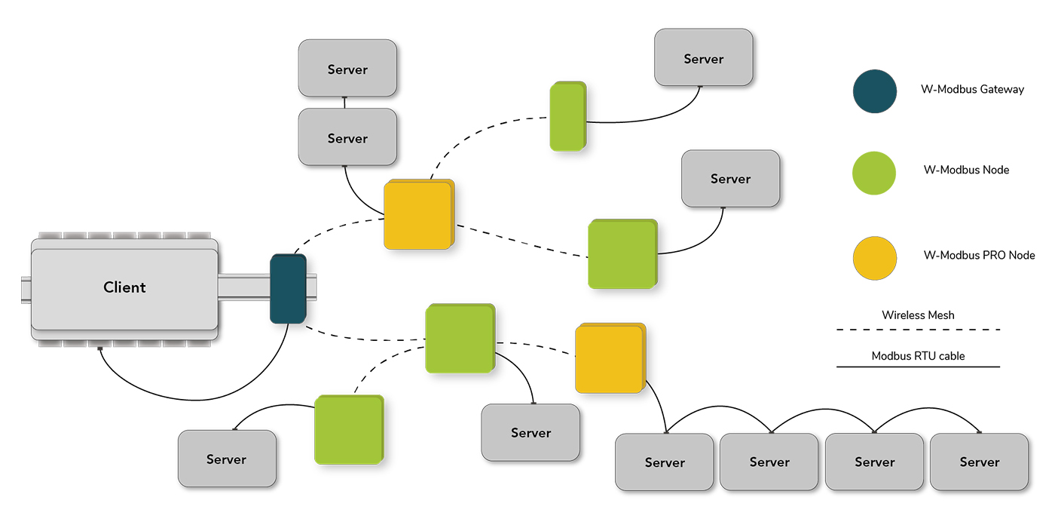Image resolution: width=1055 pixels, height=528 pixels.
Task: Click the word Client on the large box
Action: tap(124, 287)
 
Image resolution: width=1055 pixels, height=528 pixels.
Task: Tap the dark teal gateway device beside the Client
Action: tap(288, 290)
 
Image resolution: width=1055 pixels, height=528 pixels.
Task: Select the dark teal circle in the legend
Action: tap(874, 91)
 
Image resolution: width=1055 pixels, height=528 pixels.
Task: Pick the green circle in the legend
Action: tap(874, 173)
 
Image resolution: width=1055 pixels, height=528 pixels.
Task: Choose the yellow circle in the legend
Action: tap(874, 257)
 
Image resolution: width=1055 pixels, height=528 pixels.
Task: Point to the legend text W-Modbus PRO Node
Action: tap(979, 255)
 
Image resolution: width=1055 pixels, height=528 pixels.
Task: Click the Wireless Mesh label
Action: tap(918, 315)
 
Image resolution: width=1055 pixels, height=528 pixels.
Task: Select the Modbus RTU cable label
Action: tap(918, 355)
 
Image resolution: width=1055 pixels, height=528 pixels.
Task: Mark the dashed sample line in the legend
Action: tap(918, 330)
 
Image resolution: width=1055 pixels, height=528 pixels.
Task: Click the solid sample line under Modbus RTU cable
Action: tap(918, 367)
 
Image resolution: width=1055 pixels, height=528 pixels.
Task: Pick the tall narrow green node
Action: tap(567, 116)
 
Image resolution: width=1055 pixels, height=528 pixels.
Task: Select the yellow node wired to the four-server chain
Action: tap(610, 358)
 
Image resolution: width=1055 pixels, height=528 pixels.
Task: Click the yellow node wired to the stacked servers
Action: tap(418, 214)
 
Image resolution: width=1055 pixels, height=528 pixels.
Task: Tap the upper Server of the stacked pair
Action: tap(347, 69)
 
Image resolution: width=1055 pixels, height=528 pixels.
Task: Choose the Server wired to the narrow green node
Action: tap(703, 58)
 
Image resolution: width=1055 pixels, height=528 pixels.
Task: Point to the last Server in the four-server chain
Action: tap(979, 462)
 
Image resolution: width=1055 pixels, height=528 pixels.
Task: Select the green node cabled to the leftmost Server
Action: tap(348, 429)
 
